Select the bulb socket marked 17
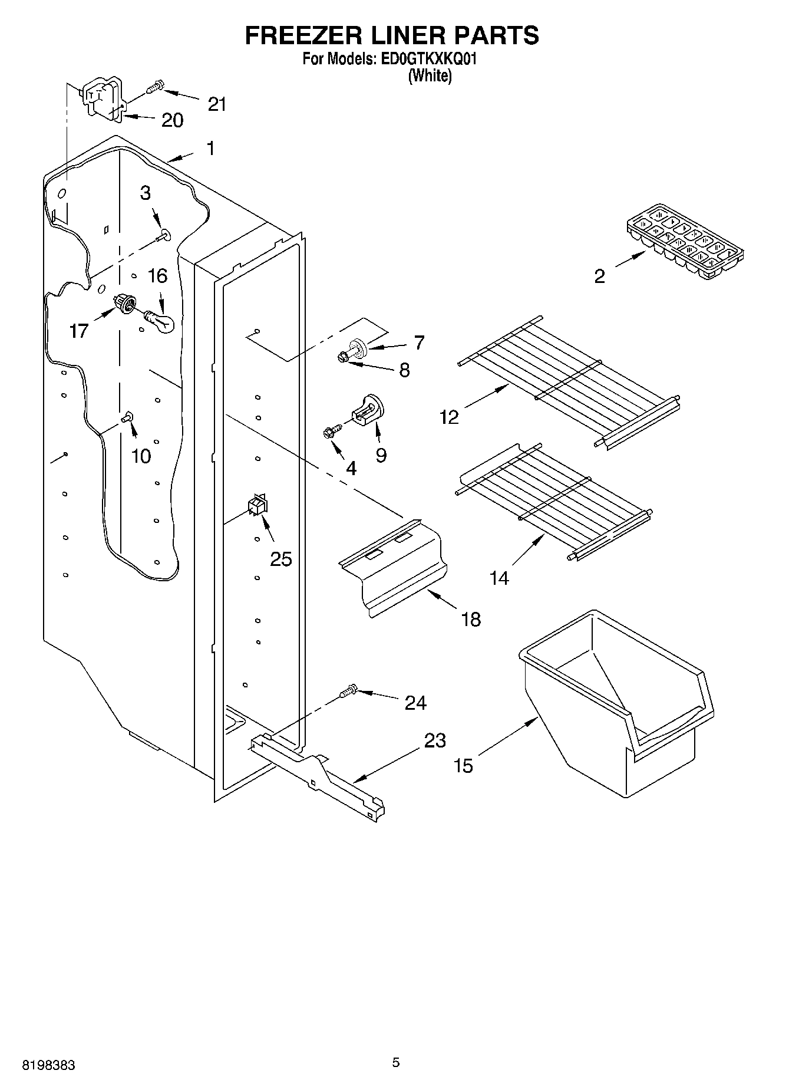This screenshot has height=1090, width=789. (125, 305)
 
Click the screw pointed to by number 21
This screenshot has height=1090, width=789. (153, 88)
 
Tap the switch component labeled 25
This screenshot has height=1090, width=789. (258, 505)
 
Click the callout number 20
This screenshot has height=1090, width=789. (172, 120)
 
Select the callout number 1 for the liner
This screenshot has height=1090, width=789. (210, 149)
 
